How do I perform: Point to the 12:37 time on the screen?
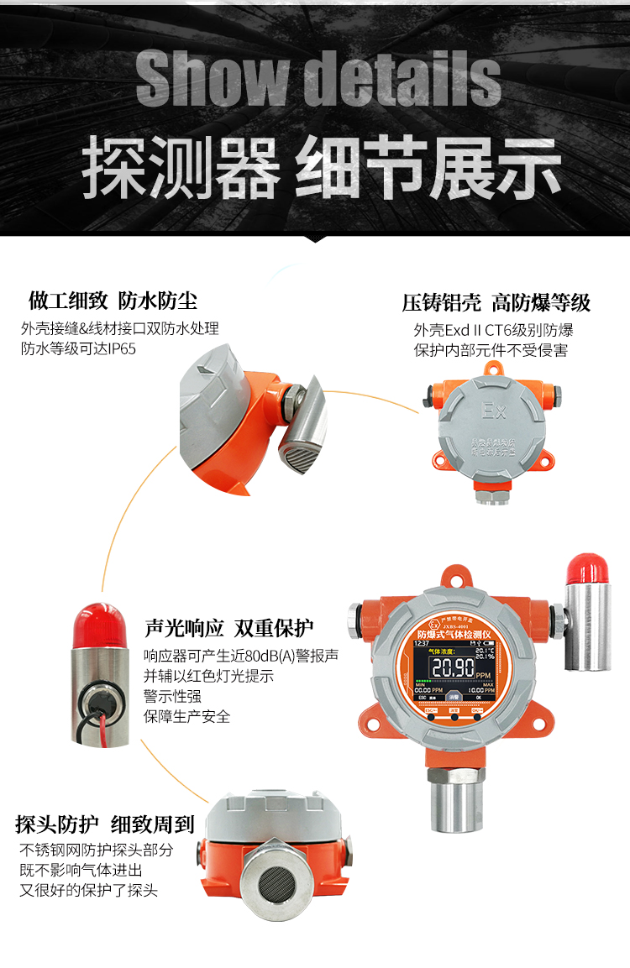(423, 642)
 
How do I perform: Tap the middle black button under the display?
(454, 719)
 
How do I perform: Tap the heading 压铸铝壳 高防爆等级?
(496, 302)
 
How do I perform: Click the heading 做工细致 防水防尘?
(113, 300)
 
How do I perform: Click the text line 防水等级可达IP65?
(78, 348)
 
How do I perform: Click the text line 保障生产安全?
(186, 716)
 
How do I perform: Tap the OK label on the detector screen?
(479, 697)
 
